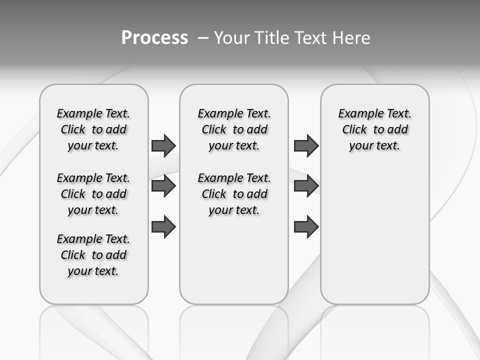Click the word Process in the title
tap(154, 38)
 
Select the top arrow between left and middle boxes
tap(163, 145)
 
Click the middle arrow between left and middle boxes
tap(163, 186)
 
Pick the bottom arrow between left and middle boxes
tap(163, 226)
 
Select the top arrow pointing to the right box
tap(306, 145)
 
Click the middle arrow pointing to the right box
tap(306, 186)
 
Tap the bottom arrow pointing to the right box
tap(306, 226)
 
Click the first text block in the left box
tap(93, 129)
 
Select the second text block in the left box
tap(93, 194)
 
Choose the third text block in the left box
tap(93, 255)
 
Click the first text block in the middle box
tap(234, 129)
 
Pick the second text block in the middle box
tap(234, 194)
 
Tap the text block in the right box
tap(374, 129)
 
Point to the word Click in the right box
tap(354, 129)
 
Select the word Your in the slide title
tap(231, 38)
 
